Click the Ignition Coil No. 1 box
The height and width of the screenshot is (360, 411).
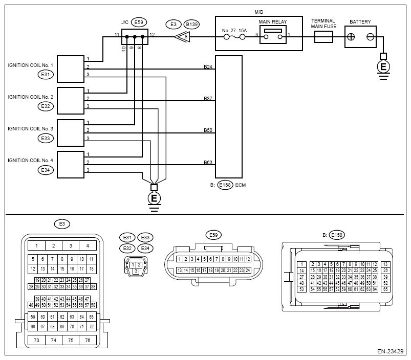(71, 69)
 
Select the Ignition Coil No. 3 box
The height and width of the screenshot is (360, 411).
(71, 133)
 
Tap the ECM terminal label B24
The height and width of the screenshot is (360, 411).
(208, 67)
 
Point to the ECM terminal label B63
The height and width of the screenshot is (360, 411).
(208, 162)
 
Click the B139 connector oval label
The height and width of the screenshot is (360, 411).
(191, 25)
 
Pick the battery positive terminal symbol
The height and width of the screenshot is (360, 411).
(351, 37)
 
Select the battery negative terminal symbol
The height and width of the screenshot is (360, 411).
(371, 37)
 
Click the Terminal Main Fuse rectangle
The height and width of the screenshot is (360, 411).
(323, 37)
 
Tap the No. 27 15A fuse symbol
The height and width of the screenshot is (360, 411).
(234, 37)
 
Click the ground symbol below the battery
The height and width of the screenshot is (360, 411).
(383, 68)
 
